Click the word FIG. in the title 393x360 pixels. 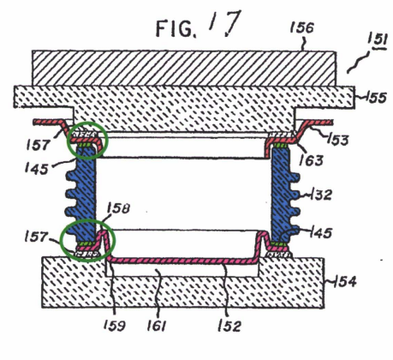(x=176, y=28)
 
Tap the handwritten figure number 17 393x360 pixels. (x=225, y=23)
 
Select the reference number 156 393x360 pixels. (x=302, y=28)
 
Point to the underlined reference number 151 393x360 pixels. (x=378, y=41)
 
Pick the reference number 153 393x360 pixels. (x=338, y=140)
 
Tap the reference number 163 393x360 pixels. (x=312, y=160)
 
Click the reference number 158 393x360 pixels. (x=119, y=208)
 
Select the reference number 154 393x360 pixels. (x=345, y=282)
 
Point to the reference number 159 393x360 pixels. (x=115, y=326)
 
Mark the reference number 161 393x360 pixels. (x=157, y=326)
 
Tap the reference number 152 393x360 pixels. (x=229, y=326)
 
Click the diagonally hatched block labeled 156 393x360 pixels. (x=184, y=69)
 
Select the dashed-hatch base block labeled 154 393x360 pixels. (x=182, y=289)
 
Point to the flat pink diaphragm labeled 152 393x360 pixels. (x=182, y=261)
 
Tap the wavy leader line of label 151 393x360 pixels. (x=358, y=63)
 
